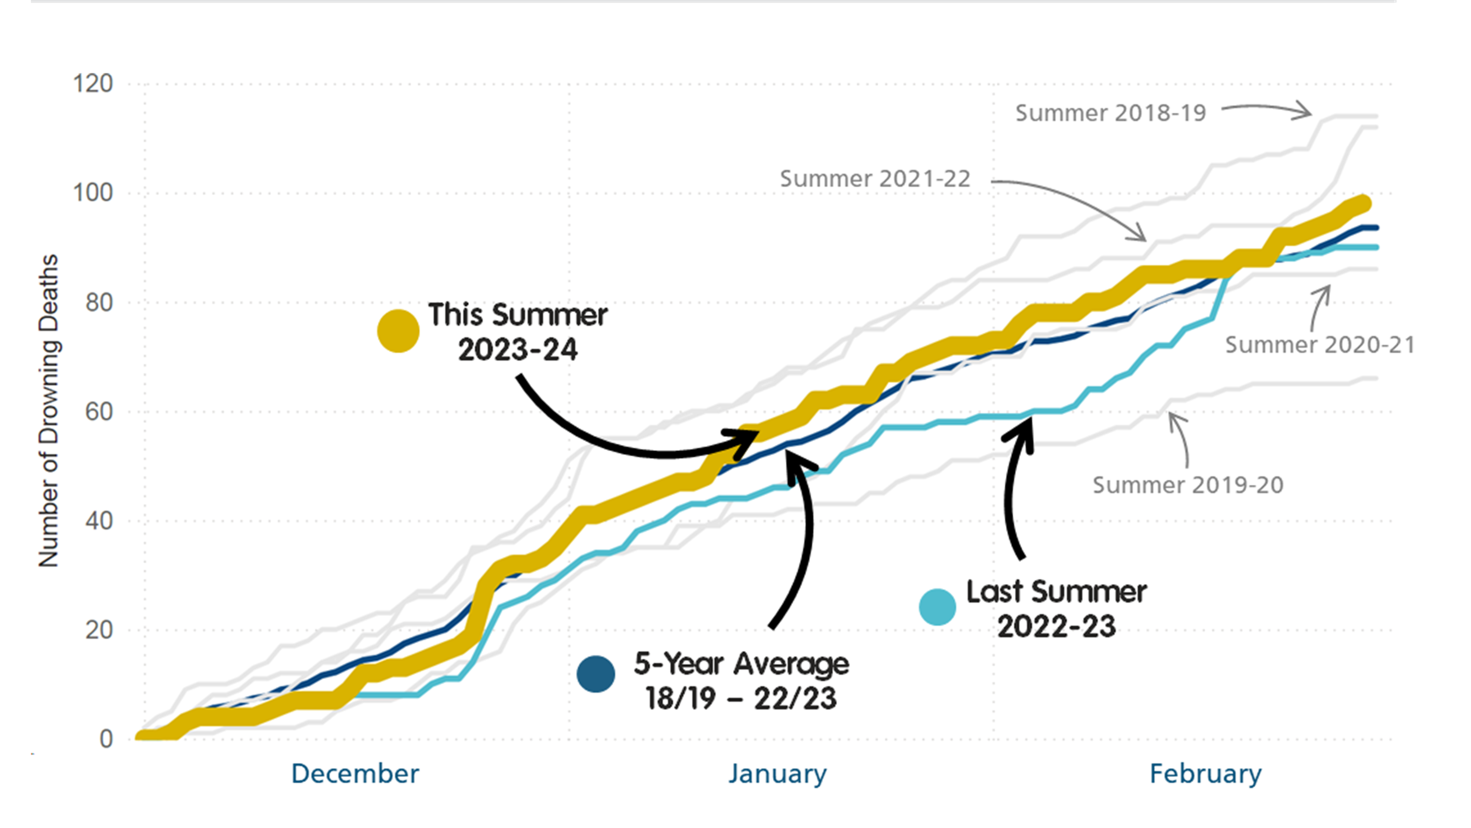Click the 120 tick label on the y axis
92,84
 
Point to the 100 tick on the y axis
92,193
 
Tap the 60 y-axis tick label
99,411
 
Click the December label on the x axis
355,774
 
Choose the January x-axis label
777,774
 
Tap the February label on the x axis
1205,774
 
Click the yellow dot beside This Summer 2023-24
398,331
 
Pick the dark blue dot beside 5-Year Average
596,673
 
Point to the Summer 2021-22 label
875,179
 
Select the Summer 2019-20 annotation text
1188,485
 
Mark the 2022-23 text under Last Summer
1056,626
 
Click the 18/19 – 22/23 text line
741,698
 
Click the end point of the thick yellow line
1364,203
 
